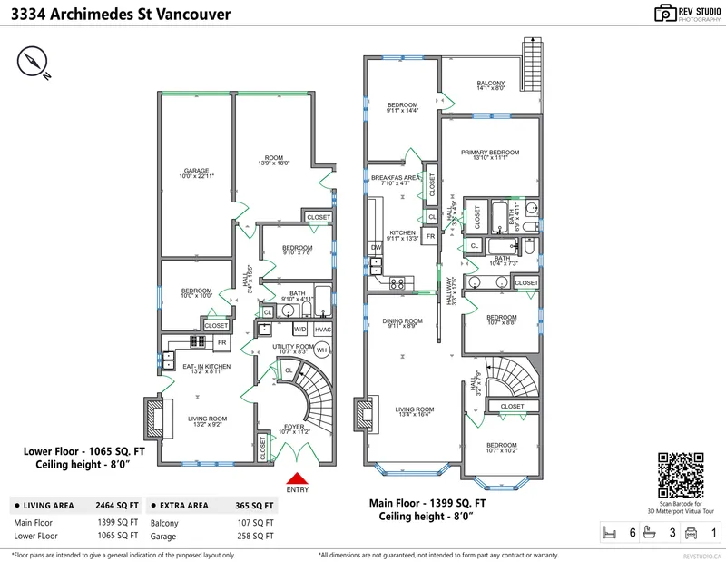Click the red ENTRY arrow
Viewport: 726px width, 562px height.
(297, 478)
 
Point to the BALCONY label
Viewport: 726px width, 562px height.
(490, 84)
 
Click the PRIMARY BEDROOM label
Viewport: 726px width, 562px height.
(489, 153)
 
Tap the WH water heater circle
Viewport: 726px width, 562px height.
(323, 350)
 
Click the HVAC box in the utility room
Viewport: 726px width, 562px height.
(323, 329)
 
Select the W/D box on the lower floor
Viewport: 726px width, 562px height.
(299, 329)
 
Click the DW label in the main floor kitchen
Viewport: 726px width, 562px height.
(375, 247)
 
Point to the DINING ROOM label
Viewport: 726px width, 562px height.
(401, 320)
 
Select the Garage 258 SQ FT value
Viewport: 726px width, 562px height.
(257, 537)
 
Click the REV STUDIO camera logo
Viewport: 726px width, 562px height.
(664, 13)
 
